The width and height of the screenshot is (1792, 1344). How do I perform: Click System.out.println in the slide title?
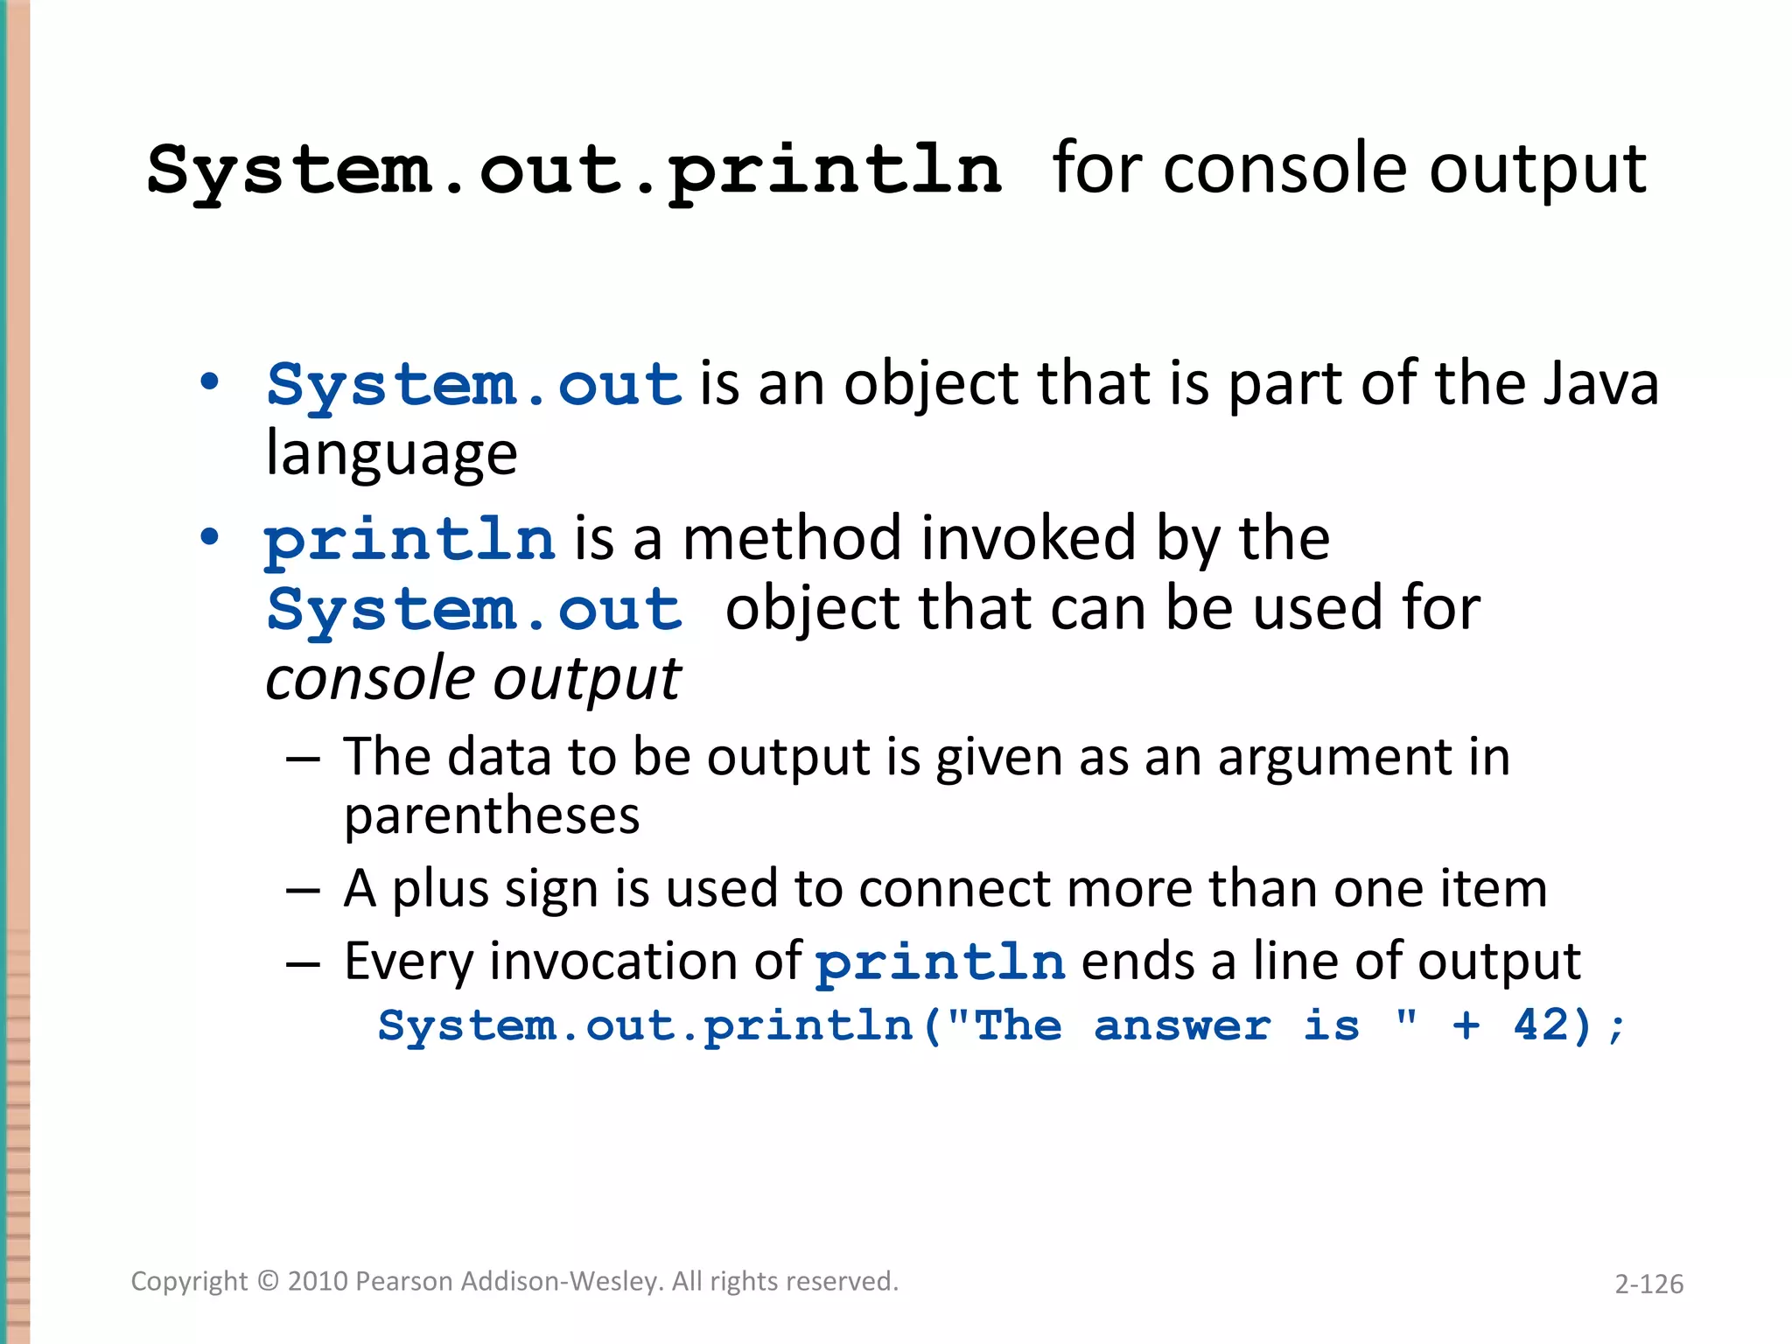pos(574,171)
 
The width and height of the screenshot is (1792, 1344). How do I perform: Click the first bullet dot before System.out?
pos(209,382)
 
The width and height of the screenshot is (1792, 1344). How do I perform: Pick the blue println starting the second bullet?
pos(409,539)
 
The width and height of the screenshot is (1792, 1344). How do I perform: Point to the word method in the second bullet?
pos(792,539)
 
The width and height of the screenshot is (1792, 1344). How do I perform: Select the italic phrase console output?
pos(472,679)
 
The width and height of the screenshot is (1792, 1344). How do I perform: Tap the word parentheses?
pos(492,816)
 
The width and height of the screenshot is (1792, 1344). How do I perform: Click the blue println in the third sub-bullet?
pos(941,962)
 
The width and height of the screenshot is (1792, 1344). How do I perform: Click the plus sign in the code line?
pos(1466,1025)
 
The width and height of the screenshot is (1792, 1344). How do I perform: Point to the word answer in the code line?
pos(1182,1025)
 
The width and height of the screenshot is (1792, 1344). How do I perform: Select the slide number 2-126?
pos(1648,1284)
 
